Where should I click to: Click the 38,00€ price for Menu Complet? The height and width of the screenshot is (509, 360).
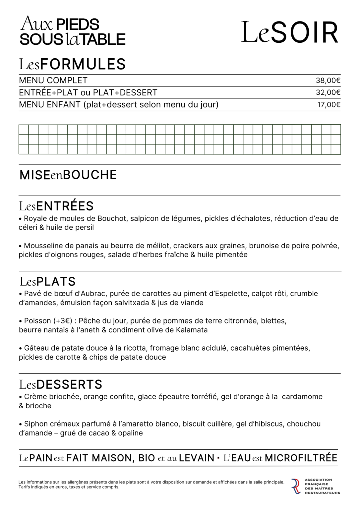coord(328,81)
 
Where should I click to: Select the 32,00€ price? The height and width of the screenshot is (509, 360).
coord(328,93)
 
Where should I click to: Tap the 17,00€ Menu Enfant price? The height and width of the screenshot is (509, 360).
coord(329,105)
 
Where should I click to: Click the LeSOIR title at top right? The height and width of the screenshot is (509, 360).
coord(290,32)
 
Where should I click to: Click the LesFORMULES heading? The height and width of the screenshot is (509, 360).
coord(72,64)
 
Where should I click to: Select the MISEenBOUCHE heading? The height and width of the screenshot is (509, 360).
coord(68,175)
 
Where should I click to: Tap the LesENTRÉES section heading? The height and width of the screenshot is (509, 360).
coord(56,206)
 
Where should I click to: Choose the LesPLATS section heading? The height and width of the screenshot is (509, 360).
coord(48,282)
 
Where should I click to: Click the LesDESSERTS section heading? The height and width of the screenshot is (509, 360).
coord(61,384)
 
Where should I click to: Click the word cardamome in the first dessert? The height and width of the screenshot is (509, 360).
coord(302,397)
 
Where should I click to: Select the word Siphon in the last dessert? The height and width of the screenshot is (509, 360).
coord(35,424)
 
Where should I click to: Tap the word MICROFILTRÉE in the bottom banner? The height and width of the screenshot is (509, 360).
coord(301,458)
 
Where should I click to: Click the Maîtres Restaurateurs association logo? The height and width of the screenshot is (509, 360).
coord(315,486)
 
